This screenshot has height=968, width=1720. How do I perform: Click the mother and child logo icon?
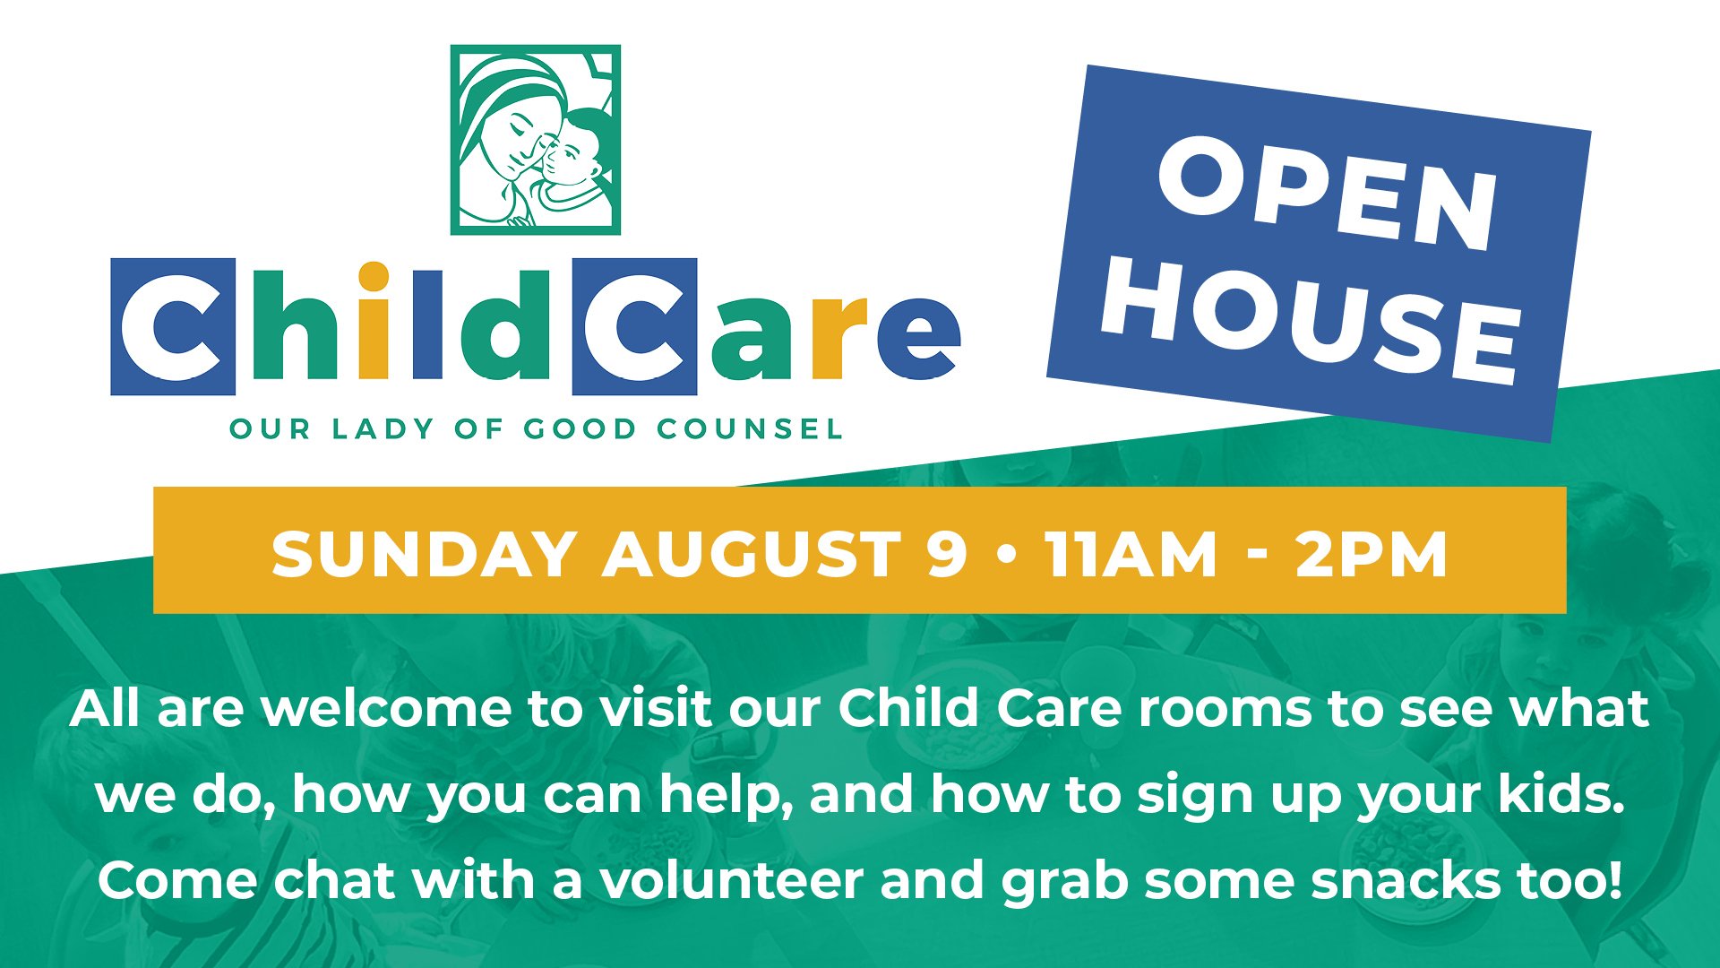pyautogui.click(x=536, y=140)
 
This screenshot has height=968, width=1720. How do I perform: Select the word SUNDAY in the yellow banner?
pyautogui.click(x=424, y=554)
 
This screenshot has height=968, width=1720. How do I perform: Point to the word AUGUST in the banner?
pyautogui.click(x=752, y=554)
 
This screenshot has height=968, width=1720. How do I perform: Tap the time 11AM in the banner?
pyautogui.click(x=1131, y=554)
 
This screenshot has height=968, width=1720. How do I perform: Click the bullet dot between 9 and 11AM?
pyautogui.click(x=1006, y=554)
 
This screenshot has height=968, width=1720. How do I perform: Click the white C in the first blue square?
pyautogui.click(x=172, y=327)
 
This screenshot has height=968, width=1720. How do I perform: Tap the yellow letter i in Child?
pyautogui.click(x=373, y=320)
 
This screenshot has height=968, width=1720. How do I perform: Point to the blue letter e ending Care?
pyautogui.click(x=918, y=337)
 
